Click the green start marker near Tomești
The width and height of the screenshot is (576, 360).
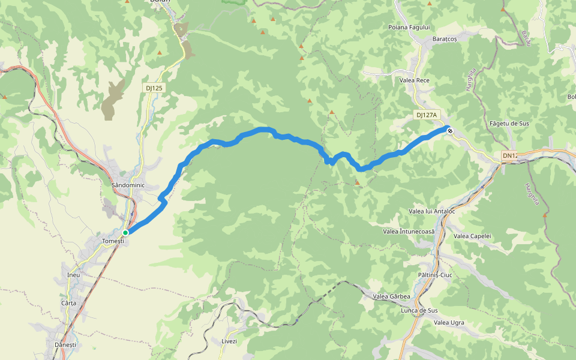point(125,232)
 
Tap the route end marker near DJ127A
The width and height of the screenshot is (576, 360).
point(449,130)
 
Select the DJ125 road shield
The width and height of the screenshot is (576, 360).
point(154,88)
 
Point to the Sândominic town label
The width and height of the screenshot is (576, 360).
point(128,185)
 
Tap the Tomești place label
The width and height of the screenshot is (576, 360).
point(113,241)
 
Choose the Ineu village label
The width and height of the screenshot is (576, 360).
point(74,275)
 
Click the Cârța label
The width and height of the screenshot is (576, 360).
point(69,304)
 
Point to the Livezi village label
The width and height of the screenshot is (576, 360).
point(229,341)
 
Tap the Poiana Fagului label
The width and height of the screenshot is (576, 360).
point(409,28)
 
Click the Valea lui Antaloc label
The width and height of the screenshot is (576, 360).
point(431,211)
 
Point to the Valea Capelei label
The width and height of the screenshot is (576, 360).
point(472,236)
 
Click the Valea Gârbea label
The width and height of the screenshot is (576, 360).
point(392,296)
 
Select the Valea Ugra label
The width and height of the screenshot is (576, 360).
point(449,323)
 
